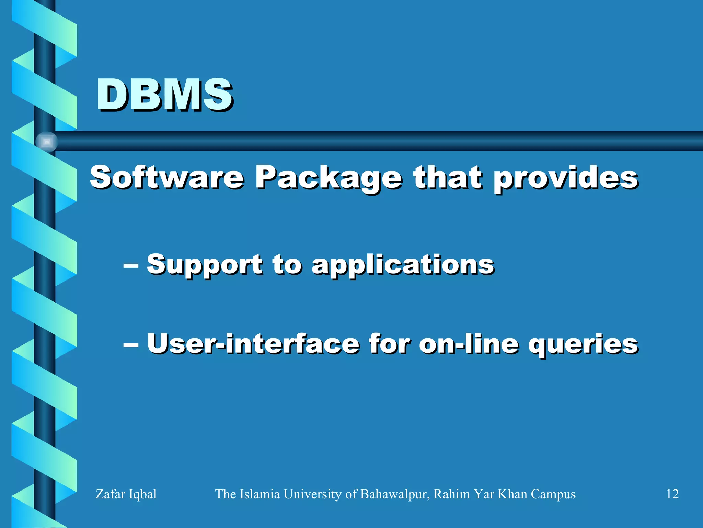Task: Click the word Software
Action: click(167, 177)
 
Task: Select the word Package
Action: click(328, 179)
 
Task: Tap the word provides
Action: click(566, 179)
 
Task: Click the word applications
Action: click(403, 265)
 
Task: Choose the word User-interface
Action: click(253, 344)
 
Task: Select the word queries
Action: click(583, 345)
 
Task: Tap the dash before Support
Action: click(131, 265)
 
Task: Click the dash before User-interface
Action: click(131, 344)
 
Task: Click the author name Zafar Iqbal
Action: click(126, 494)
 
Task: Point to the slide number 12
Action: click(672, 494)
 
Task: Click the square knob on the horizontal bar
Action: click(47, 142)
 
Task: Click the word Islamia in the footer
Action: click(260, 494)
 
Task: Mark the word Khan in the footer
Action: click(512, 494)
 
